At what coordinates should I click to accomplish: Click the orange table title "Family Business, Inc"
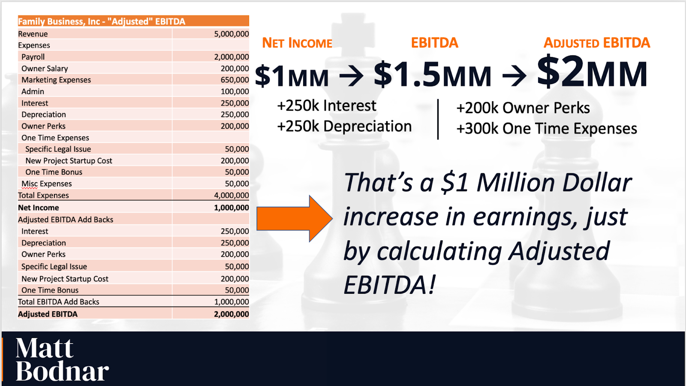coord(59,21)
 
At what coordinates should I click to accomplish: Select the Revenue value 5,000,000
coord(231,34)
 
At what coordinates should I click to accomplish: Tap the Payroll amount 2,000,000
coord(231,57)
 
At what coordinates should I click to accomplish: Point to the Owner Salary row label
coord(45,69)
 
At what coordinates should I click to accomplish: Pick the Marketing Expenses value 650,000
coord(235,80)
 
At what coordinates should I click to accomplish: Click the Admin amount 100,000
coord(235,92)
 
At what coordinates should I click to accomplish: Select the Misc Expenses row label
coord(47,184)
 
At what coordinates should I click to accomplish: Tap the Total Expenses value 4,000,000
coord(231,196)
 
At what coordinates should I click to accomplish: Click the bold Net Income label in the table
coord(38,208)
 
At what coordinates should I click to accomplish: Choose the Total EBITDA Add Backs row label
coord(58,302)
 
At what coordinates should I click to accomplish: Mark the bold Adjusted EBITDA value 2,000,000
coord(231,314)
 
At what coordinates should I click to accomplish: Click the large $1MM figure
coord(292,75)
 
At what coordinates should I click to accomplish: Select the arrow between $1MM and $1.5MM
coord(351,75)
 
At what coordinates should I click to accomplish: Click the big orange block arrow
coord(295,219)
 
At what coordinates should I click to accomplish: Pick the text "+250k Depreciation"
coord(344,127)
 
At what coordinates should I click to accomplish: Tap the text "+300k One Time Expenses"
coord(547,129)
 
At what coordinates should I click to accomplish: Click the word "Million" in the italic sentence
coord(516,183)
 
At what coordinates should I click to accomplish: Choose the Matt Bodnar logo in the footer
coord(62,359)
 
